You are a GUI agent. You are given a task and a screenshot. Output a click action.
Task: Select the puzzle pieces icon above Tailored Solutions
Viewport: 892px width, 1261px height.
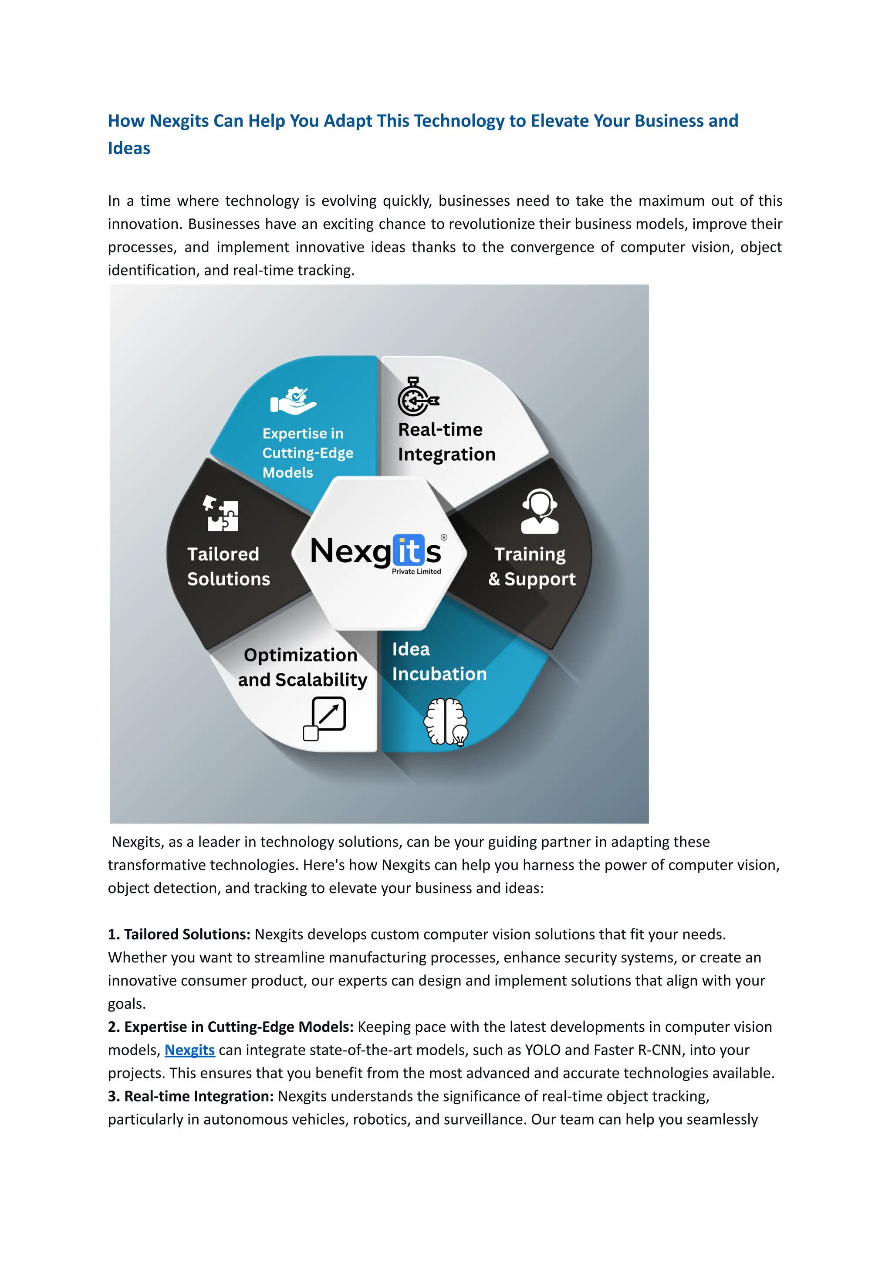pyautogui.click(x=221, y=513)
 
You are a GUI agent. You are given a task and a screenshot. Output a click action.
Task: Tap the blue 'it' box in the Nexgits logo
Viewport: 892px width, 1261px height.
pyautogui.click(x=408, y=551)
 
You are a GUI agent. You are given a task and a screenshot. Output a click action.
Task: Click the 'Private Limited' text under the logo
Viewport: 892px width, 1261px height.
pyautogui.click(x=416, y=572)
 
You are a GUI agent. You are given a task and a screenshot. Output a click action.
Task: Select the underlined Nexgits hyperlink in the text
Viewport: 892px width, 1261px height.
pyautogui.click(x=189, y=1050)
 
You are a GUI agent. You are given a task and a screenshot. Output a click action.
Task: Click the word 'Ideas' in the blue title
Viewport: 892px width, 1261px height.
pyautogui.click(x=129, y=149)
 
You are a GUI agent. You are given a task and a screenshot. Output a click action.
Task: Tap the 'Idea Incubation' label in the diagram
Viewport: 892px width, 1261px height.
pyautogui.click(x=439, y=661)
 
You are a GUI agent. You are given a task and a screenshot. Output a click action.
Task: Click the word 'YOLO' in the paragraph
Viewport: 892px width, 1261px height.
pyautogui.click(x=542, y=1050)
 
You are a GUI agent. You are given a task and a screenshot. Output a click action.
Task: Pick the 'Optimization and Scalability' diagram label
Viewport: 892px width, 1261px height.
pyautogui.click(x=302, y=667)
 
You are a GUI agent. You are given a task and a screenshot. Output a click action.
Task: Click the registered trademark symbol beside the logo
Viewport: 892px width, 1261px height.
pyautogui.click(x=444, y=537)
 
